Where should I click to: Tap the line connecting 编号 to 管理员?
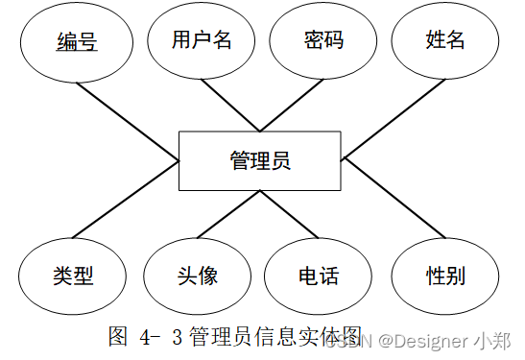(128, 122)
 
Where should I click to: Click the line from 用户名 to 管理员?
(230, 105)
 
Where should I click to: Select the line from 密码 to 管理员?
(292, 105)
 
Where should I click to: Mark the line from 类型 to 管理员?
(126, 200)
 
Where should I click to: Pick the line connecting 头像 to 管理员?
(228, 214)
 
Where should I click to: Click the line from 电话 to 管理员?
(289, 214)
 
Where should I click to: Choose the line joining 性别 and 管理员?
(395, 199)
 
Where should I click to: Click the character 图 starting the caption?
(118, 336)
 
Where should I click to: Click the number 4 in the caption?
(145, 337)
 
